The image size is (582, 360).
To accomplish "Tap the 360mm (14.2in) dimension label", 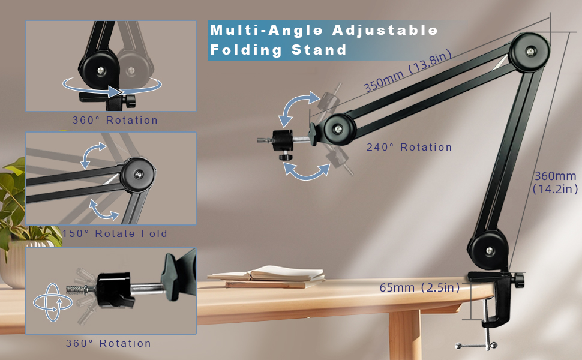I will (555, 182).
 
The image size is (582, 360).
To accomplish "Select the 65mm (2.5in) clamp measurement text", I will (419, 288).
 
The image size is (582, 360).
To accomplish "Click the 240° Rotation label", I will (409, 148).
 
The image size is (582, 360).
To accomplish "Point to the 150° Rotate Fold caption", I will (114, 233).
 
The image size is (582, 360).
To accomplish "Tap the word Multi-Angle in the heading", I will (259, 30).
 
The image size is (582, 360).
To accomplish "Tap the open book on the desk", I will (267, 275).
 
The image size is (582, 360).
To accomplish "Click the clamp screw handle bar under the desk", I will (477, 346).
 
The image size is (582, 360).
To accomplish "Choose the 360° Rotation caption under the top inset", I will (115, 120).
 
